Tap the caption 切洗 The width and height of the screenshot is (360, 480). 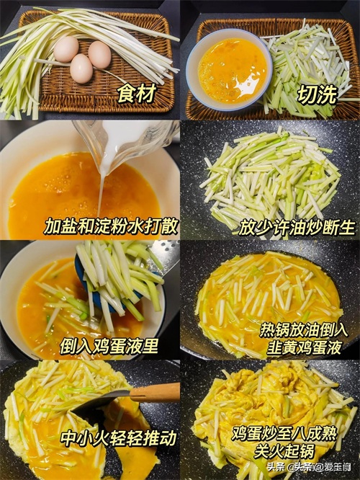(x=318, y=94)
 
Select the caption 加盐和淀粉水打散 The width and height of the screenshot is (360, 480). (x=110, y=226)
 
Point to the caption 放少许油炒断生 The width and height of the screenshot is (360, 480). (x=297, y=228)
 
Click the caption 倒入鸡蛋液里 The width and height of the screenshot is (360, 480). (x=109, y=346)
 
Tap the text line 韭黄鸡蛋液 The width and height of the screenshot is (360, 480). (x=304, y=347)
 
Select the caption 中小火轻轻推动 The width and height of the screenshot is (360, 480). (x=118, y=437)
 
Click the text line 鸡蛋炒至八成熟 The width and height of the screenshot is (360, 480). (x=284, y=434)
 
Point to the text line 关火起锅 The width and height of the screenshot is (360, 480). (x=284, y=451)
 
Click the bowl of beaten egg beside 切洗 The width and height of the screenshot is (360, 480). (x=229, y=70)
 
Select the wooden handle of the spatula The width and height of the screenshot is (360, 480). (x=155, y=393)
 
